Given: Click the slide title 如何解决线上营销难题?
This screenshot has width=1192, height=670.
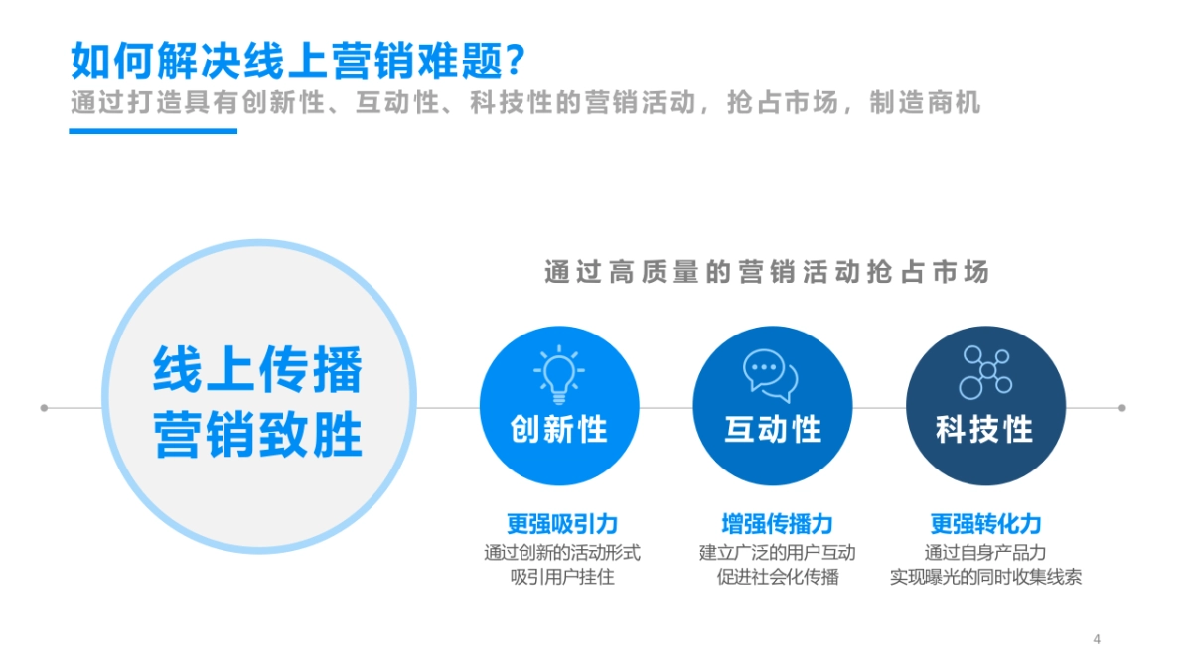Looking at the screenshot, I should point(297,61).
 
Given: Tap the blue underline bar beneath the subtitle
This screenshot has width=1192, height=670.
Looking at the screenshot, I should point(153,130).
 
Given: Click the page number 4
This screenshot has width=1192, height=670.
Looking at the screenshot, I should point(1097,639).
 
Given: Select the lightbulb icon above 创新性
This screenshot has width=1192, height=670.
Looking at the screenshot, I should point(558,373).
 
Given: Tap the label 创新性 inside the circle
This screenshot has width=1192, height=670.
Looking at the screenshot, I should point(558,430).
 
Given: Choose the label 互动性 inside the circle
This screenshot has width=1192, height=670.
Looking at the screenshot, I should point(773,430).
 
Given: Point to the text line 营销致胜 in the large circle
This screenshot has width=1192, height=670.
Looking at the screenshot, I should point(258,434).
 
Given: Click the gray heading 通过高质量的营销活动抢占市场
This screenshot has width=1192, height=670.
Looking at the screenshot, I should point(767,272).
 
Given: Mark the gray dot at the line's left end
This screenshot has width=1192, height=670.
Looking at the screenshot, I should point(44,408).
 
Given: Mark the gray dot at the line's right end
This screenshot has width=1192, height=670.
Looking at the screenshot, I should point(1122,408).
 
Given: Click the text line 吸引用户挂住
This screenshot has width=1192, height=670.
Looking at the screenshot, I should point(562,577).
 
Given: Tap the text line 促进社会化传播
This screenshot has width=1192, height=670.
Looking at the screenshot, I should point(778,577).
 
